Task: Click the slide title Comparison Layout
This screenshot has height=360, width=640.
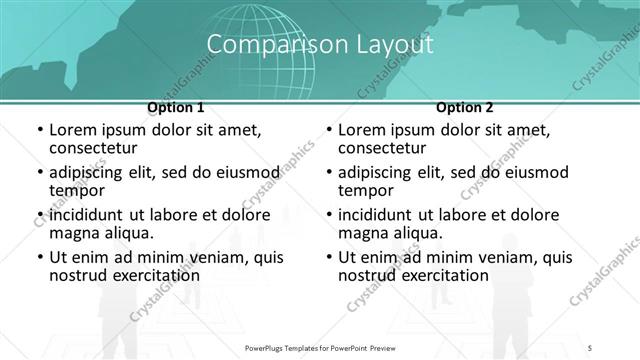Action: [x=320, y=44]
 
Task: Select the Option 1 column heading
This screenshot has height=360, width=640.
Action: [x=176, y=107]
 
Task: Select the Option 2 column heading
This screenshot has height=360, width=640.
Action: [x=465, y=107]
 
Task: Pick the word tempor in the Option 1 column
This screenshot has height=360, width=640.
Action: [x=76, y=191]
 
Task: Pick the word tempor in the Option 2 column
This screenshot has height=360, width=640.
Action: [x=365, y=191]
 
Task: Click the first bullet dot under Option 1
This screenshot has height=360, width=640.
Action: [x=39, y=131]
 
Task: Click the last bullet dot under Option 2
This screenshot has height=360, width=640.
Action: [x=328, y=258]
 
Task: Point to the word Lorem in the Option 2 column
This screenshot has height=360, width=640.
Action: [x=362, y=130]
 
